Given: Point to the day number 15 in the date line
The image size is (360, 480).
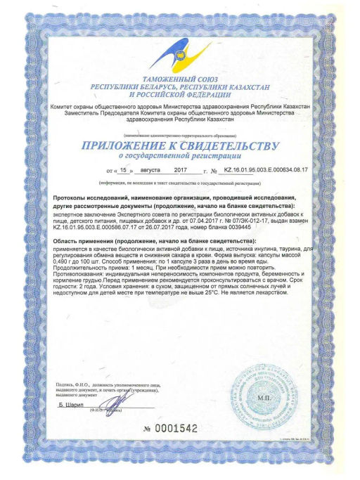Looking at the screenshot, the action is pos(124,170).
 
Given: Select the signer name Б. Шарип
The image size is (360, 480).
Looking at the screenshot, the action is pos(71,406).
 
